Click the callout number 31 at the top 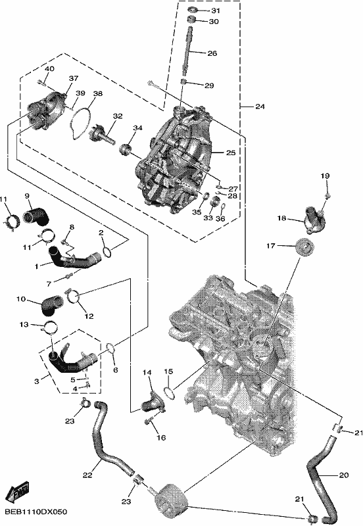215,11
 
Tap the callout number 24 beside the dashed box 260,107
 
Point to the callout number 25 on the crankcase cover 231,153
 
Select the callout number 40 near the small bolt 49,69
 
